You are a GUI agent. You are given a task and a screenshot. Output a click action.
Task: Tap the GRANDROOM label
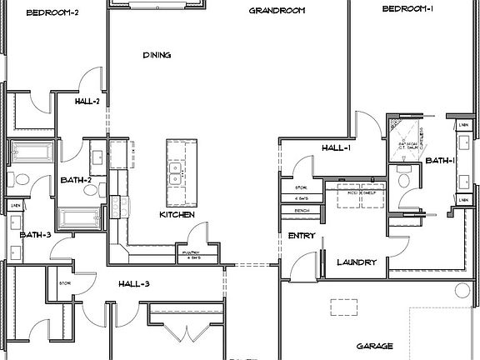tap(277, 12)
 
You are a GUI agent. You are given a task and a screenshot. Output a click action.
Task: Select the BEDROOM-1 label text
tap(409, 9)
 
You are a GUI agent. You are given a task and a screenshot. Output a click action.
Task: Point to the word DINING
tap(156, 56)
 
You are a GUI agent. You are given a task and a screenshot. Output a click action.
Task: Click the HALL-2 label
tap(87, 102)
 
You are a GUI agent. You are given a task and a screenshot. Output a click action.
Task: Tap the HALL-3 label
tap(133, 284)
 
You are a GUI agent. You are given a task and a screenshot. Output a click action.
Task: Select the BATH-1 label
tap(439, 160)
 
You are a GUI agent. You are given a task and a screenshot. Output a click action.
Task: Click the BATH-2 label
tap(76, 180)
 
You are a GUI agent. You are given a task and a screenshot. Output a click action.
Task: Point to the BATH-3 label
tap(36, 235)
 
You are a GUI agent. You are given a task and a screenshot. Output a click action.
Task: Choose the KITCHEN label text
tap(177, 215)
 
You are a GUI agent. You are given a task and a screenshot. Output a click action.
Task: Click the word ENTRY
tap(301, 236)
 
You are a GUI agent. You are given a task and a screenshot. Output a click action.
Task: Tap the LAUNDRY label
tap(357, 262)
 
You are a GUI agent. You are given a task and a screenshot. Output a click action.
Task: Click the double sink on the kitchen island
tap(176, 173)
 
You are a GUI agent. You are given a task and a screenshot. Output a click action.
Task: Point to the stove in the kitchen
tap(116, 202)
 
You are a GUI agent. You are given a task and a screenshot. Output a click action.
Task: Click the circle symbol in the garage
tap(463, 290)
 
